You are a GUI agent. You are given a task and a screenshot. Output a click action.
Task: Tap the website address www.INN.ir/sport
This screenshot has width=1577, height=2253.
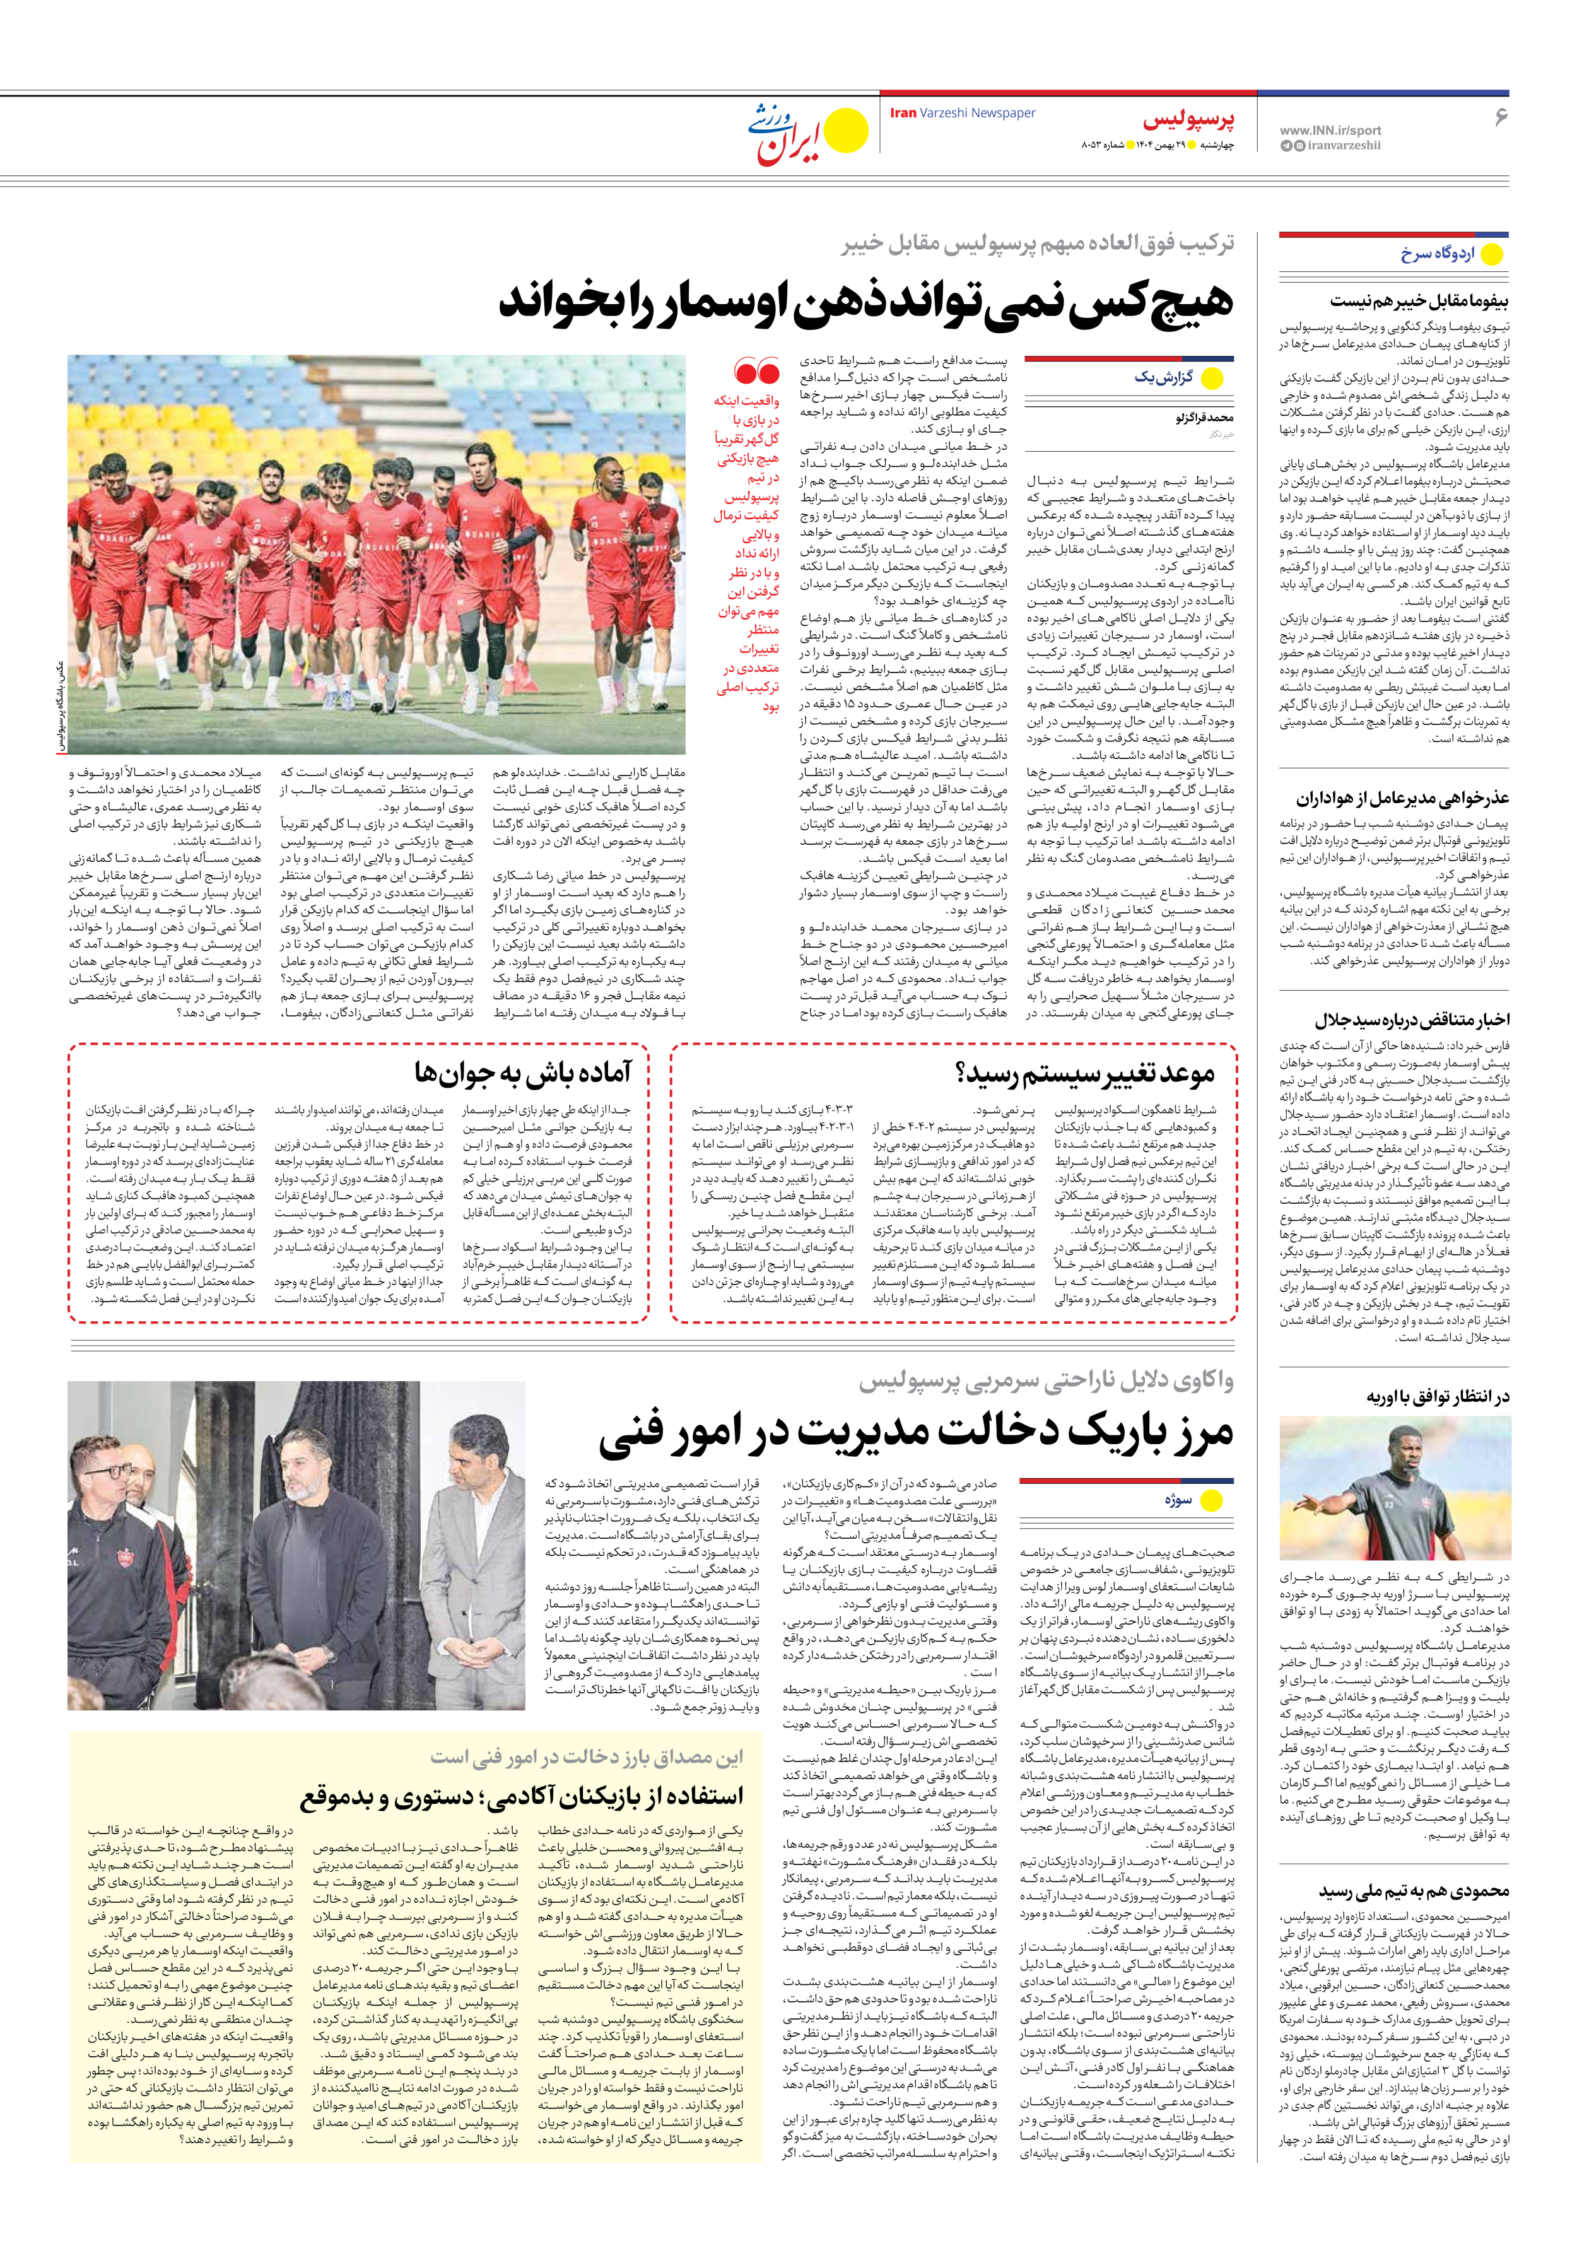(1330, 129)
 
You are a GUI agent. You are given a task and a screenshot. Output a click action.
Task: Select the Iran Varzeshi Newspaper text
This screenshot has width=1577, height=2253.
(962, 113)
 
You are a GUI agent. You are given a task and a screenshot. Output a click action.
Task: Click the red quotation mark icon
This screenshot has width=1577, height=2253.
(756, 372)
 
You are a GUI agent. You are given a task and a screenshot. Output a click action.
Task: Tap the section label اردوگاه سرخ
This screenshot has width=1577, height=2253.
(1437, 254)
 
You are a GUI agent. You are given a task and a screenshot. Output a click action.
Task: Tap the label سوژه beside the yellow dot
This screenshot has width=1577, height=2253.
(1178, 1500)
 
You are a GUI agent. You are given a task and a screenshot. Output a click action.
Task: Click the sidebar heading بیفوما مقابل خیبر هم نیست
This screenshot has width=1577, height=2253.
(1419, 300)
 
